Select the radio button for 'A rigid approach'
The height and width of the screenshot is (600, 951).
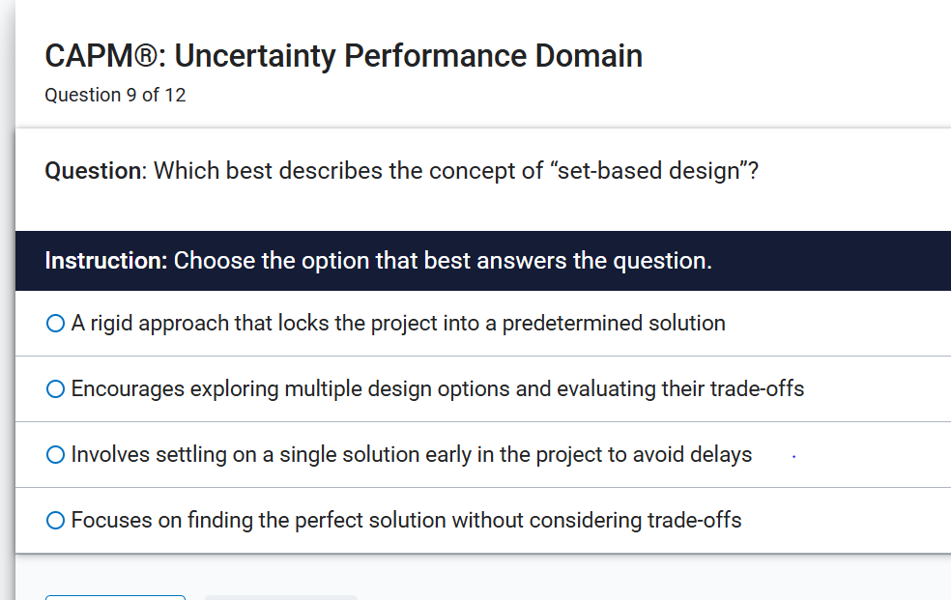(x=55, y=324)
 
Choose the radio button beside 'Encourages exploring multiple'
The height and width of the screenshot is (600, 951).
(x=55, y=389)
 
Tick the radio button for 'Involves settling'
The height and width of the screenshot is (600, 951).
(x=55, y=455)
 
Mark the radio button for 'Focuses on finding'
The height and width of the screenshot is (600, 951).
(x=55, y=521)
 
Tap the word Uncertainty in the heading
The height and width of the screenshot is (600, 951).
(x=254, y=56)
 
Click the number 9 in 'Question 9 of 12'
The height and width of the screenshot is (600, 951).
(x=131, y=96)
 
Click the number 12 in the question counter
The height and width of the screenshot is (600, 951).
(x=175, y=96)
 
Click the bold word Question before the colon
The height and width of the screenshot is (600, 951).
(x=93, y=171)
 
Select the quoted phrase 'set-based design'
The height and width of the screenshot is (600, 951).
(x=647, y=171)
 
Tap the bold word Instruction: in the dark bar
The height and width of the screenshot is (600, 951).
(x=106, y=261)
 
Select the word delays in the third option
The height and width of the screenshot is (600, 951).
(x=721, y=455)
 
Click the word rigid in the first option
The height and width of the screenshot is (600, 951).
(x=109, y=324)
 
